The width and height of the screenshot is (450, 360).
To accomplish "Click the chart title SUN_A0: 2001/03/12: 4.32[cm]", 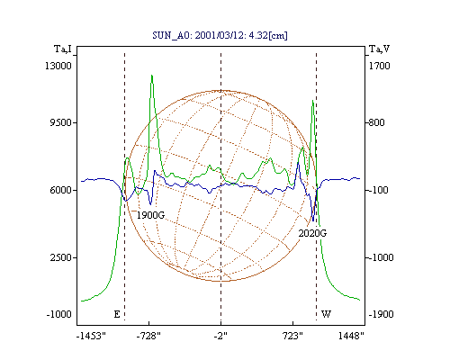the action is click(220, 36).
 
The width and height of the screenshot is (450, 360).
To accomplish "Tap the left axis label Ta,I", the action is click(63, 49).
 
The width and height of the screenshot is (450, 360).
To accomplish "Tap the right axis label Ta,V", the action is click(380, 49).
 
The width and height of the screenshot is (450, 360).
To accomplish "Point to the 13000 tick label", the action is click(58, 66).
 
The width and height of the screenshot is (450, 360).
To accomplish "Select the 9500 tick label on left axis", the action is click(60, 122).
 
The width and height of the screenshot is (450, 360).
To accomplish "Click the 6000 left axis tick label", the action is click(60, 190).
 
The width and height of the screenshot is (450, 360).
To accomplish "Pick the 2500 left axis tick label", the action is click(60, 257).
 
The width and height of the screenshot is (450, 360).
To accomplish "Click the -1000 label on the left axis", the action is click(58, 314).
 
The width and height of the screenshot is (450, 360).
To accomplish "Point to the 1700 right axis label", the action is click(379, 66).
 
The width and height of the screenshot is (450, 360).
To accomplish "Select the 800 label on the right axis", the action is click(376, 122).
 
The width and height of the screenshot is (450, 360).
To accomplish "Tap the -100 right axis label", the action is click(378, 190).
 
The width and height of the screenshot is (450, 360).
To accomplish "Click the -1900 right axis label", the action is click(381, 314).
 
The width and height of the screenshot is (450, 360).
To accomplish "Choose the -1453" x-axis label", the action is click(91, 336).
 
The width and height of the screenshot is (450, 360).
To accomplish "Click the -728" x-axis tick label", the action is click(148, 336).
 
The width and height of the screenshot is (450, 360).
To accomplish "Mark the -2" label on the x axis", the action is click(220, 336).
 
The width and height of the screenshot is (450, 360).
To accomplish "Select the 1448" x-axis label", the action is click(351, 336).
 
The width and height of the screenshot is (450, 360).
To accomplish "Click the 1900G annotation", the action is click(150, 215).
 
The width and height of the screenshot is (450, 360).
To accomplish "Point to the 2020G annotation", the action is click(312, 233).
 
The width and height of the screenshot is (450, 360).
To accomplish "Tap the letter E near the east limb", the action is click(117, 314).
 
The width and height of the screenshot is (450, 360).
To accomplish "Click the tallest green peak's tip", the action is click(152, 75).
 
